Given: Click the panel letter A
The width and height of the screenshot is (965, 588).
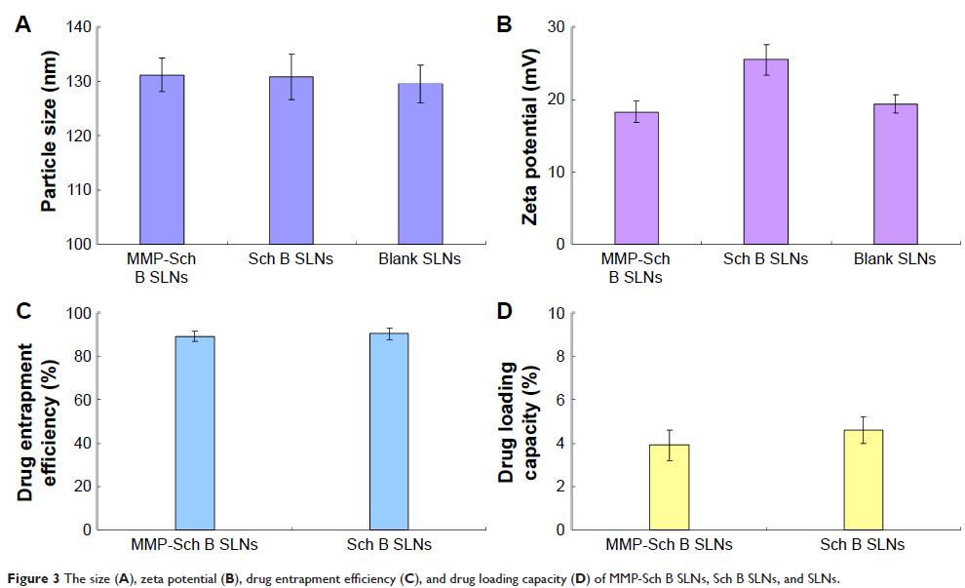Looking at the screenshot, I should [21, 26].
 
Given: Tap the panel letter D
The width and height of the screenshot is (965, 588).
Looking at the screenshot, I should [504, 312].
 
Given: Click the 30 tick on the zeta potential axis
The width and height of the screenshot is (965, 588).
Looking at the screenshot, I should [556, 26].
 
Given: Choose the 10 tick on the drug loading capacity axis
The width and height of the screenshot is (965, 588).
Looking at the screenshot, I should [556, 313].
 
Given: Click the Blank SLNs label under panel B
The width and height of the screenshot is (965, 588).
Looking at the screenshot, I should [894, 259].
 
